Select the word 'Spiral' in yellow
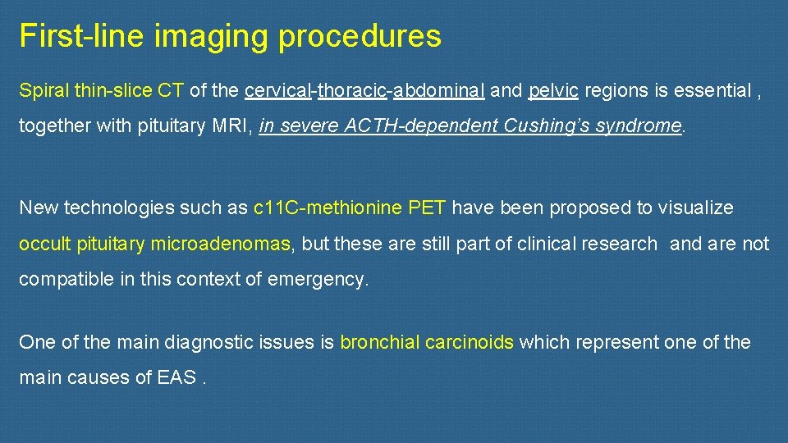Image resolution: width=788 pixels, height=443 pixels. coord(41,91)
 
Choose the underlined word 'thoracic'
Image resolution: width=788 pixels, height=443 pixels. coord(352,91)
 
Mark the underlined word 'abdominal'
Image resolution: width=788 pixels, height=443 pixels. coord(438,91)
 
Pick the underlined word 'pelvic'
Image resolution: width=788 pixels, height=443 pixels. coord(554,91)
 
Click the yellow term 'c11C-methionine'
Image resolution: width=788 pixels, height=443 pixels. coord(328,208)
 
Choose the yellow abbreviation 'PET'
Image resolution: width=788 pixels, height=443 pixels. coord(427,208)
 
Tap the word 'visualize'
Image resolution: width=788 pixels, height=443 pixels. coord(698,208)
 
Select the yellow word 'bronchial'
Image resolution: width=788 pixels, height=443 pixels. coord(379,342)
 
